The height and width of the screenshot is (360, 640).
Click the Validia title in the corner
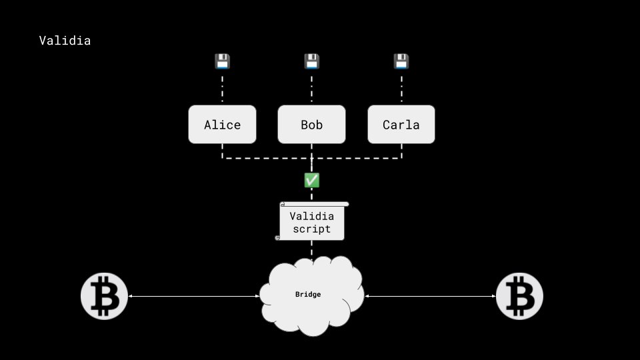click(x=65, y=41)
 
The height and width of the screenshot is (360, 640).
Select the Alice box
click(x=222, y=125)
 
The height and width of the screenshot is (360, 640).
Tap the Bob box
click(x=311, y=125)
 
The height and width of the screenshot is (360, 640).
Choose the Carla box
click(x=401, y=125)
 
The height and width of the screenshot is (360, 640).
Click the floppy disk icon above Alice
click(x=222, y=62)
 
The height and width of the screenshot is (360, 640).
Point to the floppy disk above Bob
click(x=311, y=62)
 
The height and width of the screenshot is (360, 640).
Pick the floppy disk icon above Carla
click(x=401, y=62)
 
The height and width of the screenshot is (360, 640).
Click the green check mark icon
click(x=311, y=180)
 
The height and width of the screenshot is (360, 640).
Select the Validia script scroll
click(x=311, y=221)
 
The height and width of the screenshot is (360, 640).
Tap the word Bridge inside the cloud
click(x=308, y=294)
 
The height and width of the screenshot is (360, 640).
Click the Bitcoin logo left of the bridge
click(x=104, y=296)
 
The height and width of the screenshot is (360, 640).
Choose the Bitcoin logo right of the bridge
click(x=519, y=296)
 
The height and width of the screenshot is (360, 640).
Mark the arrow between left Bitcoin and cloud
click(x=193, y=296)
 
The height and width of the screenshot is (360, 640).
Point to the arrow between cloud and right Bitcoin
click(x=430, y=296)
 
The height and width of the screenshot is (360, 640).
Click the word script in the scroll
click(x=311, y=229)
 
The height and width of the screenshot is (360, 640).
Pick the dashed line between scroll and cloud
click(x=311, y=249)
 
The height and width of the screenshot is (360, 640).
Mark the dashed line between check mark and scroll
click(x=311, y=195)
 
